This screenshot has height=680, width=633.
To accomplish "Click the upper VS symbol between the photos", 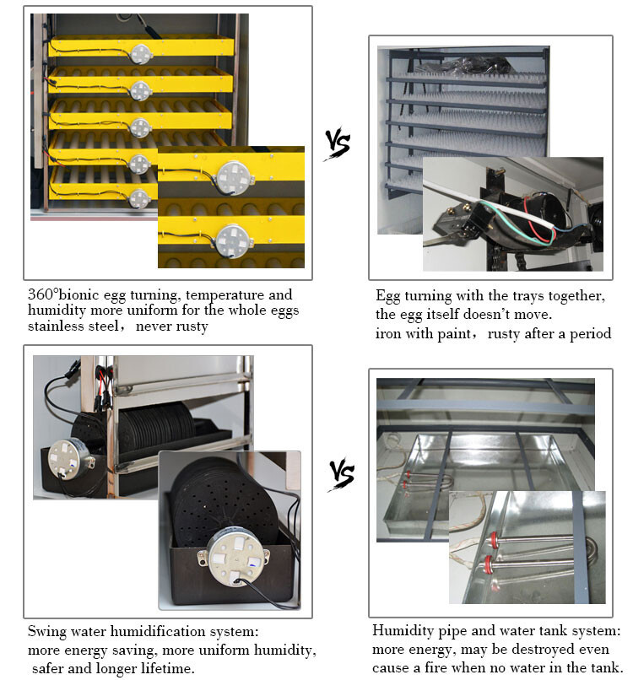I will [x=337, y=144].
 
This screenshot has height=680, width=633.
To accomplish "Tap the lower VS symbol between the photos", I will [x=340, y=472].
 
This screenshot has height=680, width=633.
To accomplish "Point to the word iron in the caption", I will [x=389, y=333].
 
